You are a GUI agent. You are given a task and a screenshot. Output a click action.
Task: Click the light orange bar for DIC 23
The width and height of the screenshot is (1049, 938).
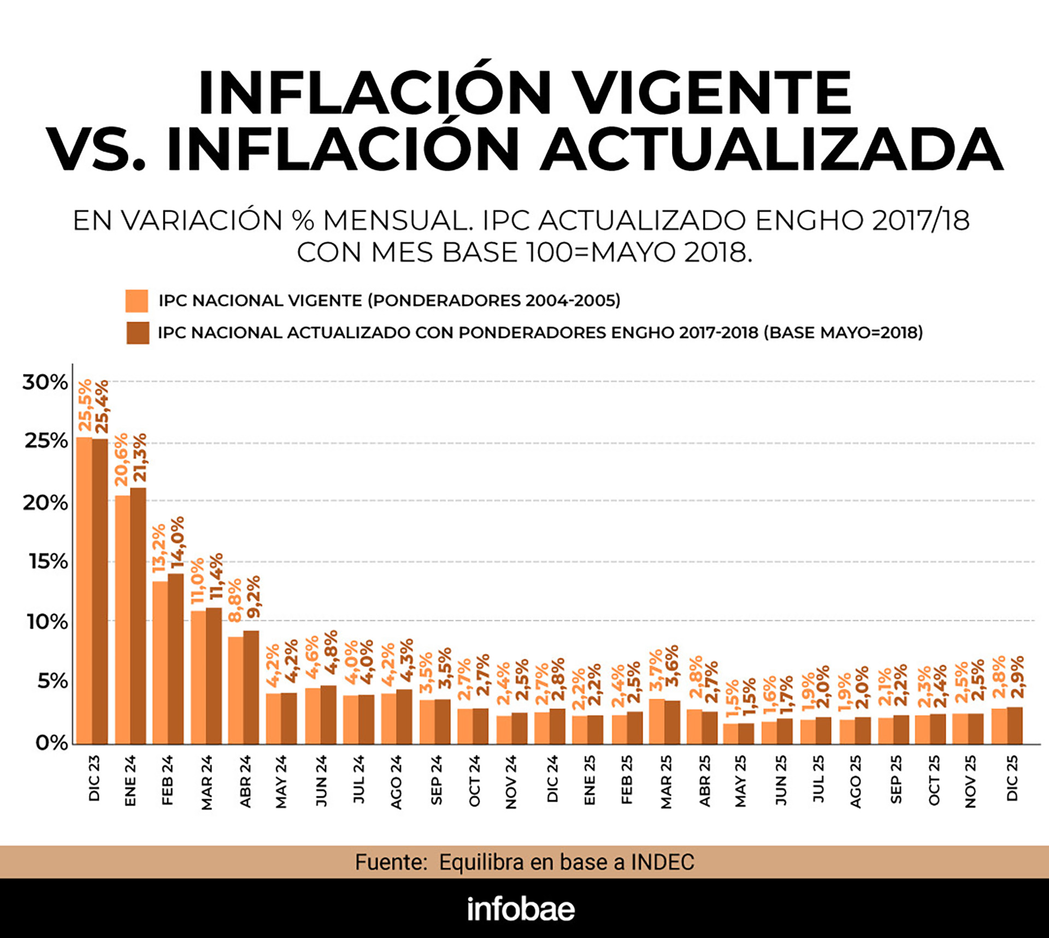[84, 590]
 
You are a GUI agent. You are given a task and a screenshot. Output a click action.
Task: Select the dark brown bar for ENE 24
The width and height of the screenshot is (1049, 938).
[138, 615]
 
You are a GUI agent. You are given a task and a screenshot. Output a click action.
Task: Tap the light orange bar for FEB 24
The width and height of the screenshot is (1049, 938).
[160, 661]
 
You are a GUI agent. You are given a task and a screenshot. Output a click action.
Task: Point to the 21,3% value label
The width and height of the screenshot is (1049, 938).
[139, 458]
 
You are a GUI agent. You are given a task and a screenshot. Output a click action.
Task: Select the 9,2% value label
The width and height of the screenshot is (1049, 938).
[253, 597]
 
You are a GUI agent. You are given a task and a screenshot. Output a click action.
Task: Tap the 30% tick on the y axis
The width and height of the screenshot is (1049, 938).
[45, 382]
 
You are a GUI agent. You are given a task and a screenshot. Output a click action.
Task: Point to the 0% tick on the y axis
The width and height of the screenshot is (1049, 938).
[52, 743]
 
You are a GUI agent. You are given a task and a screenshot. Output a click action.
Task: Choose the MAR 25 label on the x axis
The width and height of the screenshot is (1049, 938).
[666, 782]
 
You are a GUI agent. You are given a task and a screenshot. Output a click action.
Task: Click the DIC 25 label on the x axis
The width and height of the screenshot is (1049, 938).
[1012, 778]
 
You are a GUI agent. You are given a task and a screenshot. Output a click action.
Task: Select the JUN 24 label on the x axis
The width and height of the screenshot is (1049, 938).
[321, 780]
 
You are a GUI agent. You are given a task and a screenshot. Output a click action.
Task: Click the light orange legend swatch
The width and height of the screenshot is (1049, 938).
[137, 301]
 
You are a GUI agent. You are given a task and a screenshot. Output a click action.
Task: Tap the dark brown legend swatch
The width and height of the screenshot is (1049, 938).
[138, 332]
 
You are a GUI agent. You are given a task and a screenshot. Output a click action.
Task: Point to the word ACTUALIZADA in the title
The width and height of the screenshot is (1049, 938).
[771, 149]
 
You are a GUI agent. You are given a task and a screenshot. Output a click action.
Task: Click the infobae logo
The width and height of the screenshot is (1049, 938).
[521, 909]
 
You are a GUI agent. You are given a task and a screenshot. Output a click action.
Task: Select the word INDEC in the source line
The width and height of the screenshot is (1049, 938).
[662, 862]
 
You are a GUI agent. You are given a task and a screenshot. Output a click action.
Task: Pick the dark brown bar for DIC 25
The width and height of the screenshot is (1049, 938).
[1015, 725]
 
